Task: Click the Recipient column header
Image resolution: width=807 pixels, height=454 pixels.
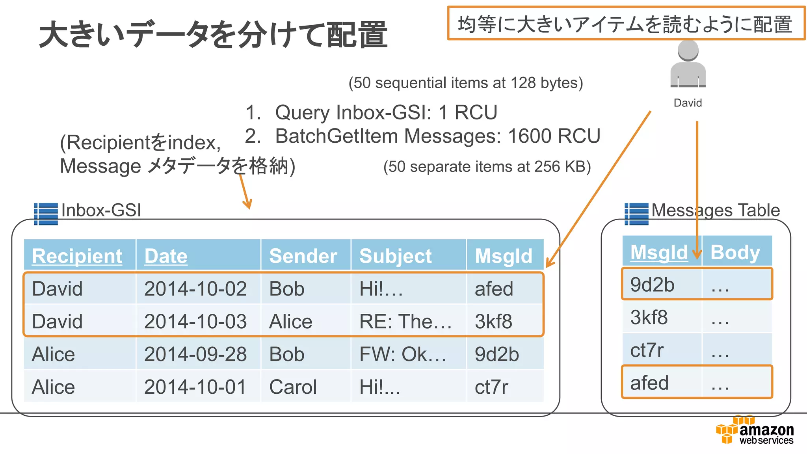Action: (77, 256)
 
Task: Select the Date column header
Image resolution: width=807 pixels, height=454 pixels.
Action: (166, 256)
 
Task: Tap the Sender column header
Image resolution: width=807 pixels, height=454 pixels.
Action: (303, 256)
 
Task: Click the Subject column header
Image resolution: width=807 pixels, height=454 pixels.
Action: (396, 256)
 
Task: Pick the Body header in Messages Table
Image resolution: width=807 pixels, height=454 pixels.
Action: (735, 253)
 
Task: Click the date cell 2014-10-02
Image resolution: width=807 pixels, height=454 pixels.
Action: (195, 289)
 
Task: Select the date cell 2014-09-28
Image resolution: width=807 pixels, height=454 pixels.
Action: (195, 354)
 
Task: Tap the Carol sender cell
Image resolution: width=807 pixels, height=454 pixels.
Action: (293, 387)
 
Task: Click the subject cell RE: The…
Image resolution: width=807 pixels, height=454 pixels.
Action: (405, 322)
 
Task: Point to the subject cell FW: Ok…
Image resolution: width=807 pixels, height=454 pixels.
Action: (403, 354)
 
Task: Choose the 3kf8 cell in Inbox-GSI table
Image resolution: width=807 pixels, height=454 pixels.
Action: (493, 322)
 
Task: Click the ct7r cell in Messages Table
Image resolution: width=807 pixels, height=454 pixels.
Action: (647, 350)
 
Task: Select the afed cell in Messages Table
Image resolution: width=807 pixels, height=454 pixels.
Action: (649, 383)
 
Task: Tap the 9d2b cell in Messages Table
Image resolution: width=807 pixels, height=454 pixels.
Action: (652, 285)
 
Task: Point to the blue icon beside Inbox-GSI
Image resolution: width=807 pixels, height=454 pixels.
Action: (46, 214)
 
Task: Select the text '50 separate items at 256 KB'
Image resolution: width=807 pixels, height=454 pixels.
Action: (487, 167)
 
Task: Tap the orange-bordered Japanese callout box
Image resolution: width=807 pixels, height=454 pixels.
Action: (626, 24)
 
